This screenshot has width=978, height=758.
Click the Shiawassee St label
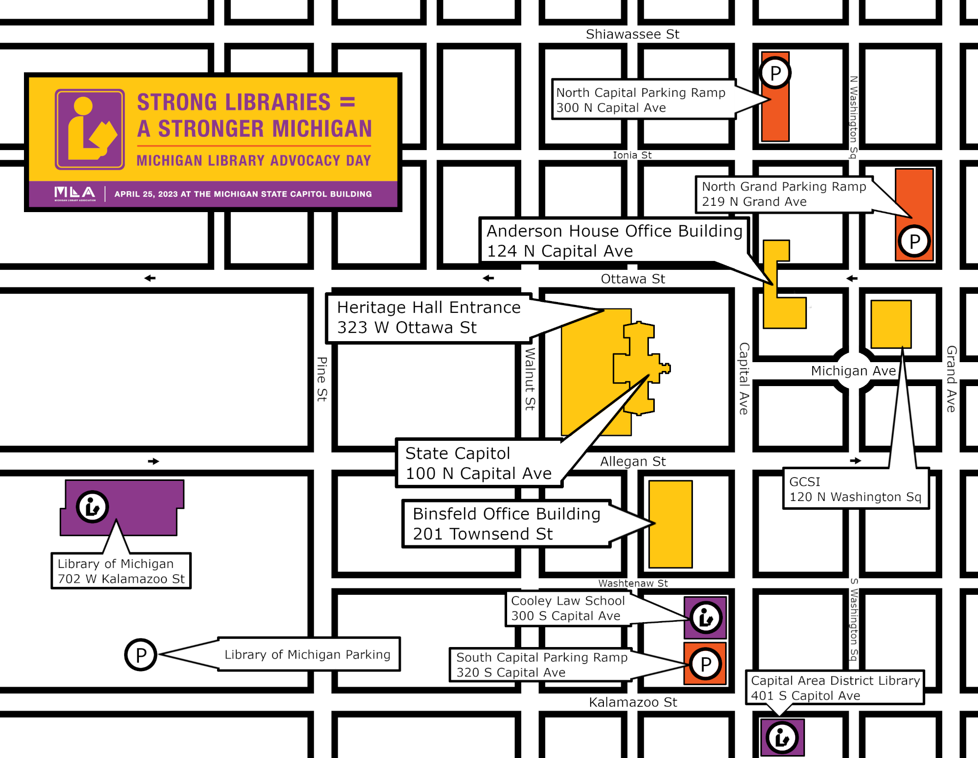click(x=632, y=34)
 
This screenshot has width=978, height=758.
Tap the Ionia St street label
click(x=632, y=155)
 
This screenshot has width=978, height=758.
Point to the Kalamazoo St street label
click(x=633, y=702)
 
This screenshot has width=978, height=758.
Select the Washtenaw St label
click(x=633, y=583)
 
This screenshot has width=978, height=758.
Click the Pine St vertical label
click(x=322, y=379)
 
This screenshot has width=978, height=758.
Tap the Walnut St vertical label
click(x=530, y=379)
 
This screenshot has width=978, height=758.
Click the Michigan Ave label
click(x=853, y=371)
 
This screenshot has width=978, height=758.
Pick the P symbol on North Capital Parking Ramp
click(x=775, y=73)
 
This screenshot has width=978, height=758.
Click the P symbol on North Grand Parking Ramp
click(x=914, y=241)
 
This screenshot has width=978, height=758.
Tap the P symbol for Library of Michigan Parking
click(x=141, y=655)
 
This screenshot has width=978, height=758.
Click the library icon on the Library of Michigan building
click(x=92, y=507)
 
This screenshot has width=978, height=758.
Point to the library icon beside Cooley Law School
click(x=706, y=618)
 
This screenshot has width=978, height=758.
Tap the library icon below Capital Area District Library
click(x=782, y=737)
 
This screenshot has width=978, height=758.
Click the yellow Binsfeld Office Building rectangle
click(x=670, y=524)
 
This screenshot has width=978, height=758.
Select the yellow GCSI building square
click(x=891, y=324)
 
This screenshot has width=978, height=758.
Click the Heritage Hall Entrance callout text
click(x=429, y=317)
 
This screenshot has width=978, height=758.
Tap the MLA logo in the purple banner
click(x=75, y=194)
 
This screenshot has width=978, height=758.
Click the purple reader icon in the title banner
click(x=90, y=130)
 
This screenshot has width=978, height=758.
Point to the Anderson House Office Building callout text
click(x=614, y=241)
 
